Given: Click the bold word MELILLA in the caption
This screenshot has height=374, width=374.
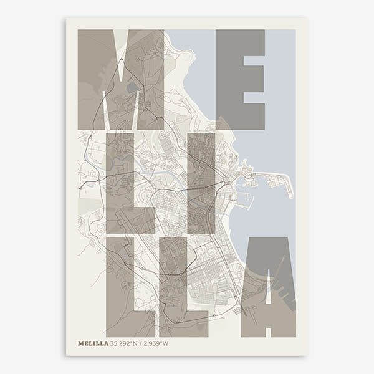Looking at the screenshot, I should click(x=93, y=343).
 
